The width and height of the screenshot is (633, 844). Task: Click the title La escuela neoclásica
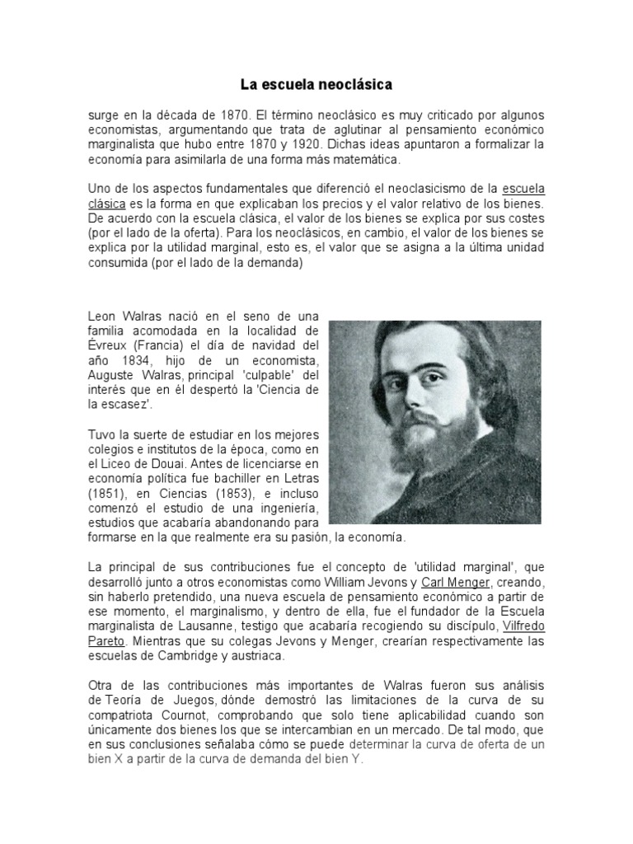click(316, 84)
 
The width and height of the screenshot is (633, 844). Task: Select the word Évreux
click(108, 346)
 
